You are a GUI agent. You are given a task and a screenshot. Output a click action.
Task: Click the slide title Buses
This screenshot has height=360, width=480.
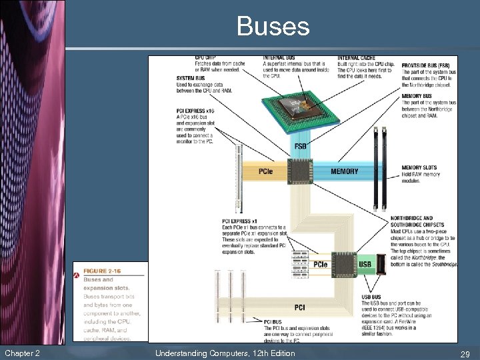pos(273,27)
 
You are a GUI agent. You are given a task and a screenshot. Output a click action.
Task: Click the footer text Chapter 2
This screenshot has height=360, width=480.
pos(21,353)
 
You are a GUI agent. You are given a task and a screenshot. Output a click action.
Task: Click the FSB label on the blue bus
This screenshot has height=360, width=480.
pos(300,146)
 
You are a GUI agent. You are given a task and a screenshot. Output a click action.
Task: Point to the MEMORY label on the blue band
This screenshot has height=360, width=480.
pos(345,171)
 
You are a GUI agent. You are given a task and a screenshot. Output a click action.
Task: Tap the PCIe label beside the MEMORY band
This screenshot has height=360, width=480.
pos(265,172)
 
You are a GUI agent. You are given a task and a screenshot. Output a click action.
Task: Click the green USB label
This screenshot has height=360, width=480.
pos(365,265)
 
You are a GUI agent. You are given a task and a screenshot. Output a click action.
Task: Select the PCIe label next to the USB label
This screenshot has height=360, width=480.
pos(321,265)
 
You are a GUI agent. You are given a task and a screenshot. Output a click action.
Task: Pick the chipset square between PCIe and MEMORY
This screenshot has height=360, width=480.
pos(301,171)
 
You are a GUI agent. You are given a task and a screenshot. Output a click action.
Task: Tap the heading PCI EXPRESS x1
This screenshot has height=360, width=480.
pos(238,221)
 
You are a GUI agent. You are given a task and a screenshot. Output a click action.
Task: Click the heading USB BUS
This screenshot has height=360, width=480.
pos(371,297)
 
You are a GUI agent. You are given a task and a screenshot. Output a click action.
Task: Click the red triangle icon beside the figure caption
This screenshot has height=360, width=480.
pos(78,275)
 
